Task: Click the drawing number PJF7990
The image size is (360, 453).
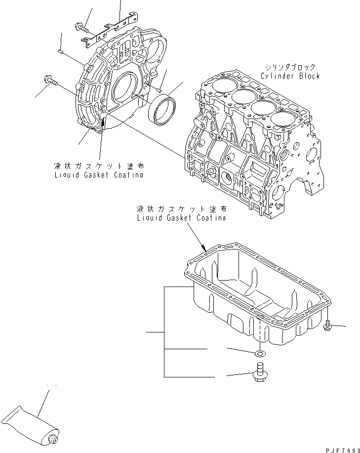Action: pyautogui.click(x=340, y=448)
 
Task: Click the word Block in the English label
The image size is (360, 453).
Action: pyautogui.click(x=309, y=76)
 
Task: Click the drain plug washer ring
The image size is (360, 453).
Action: pyautogui.click(x=260, y=354)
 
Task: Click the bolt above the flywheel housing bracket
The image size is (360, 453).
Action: pyautogui.click(x=81, y=29)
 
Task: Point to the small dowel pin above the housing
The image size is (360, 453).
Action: pyautogui.click(x=60, y=50)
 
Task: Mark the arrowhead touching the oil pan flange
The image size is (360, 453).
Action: pyautogui.click(x=204, y=249)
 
